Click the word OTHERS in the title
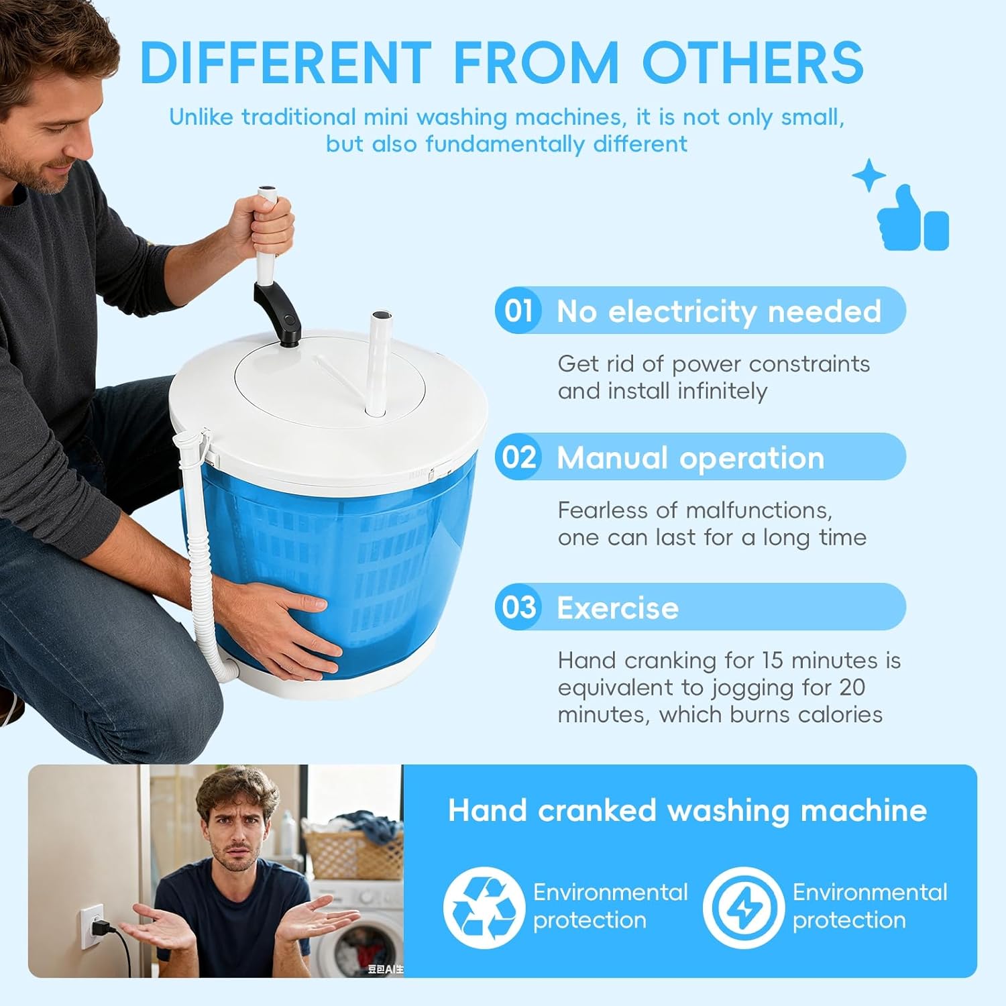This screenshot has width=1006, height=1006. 752,62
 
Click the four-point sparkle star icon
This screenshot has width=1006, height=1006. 869,176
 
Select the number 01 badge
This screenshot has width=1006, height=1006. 518,311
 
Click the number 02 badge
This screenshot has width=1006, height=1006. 518,457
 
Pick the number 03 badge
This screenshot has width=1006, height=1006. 518,607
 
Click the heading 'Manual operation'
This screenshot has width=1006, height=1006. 690,458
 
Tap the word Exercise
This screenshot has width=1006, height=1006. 617,608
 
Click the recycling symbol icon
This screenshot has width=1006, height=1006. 483,907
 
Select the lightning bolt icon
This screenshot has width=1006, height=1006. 743,907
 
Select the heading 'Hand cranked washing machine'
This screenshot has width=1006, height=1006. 687,810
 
